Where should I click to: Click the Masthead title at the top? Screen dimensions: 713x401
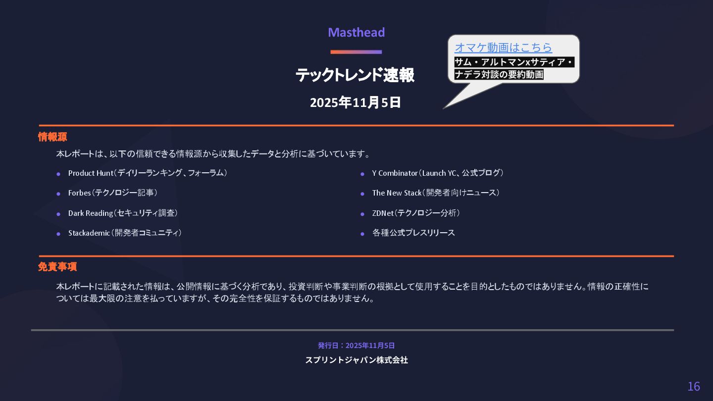(x=356, y=33)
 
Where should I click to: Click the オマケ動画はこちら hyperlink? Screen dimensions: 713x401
(x=503, y=48)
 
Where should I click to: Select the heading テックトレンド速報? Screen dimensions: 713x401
(x=355, y=75)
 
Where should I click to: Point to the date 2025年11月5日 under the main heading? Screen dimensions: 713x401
(x=355, y=103)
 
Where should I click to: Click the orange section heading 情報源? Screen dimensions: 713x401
(x=52, y=137)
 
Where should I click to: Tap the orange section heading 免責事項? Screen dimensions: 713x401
(x=57, y=267)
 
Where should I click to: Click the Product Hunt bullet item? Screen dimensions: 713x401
(x=148, y=173)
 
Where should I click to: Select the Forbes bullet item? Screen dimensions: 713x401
(x=113, y=193)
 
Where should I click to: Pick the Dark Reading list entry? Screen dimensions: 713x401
(x=123, y=213)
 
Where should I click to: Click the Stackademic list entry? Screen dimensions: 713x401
(x=125, y=233)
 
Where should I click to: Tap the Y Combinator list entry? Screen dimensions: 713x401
(x=438, y=173)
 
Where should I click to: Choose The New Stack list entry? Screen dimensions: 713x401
(x=436, y=193)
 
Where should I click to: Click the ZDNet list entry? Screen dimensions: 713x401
(x=416, y=213)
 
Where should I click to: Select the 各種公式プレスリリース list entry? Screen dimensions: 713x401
(x=413, y=233)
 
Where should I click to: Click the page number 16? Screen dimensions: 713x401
(x=693, y=387)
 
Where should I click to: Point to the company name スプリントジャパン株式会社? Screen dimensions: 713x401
(x=356, y=360)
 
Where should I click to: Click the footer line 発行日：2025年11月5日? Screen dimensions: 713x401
(x=356, y=346)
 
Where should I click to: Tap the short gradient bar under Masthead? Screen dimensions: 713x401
(x=356, y=52)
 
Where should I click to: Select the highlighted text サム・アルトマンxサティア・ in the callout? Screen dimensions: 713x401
(x=514, y=62)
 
